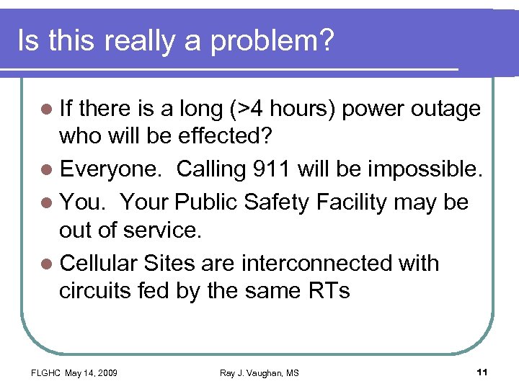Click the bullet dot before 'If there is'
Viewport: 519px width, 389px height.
coord(48,109)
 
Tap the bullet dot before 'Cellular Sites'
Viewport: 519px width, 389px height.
coord(48,264)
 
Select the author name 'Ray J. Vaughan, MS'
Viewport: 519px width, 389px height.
coord(259,372)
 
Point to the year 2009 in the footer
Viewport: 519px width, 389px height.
coord(106,372)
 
